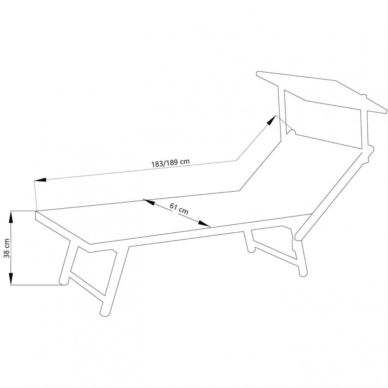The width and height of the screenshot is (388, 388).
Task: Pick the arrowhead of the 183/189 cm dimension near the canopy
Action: tap(272, 119)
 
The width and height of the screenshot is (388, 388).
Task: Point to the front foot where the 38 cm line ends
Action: tap(62, 282)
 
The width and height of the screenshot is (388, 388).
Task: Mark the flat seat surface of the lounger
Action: tap(155, 221)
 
